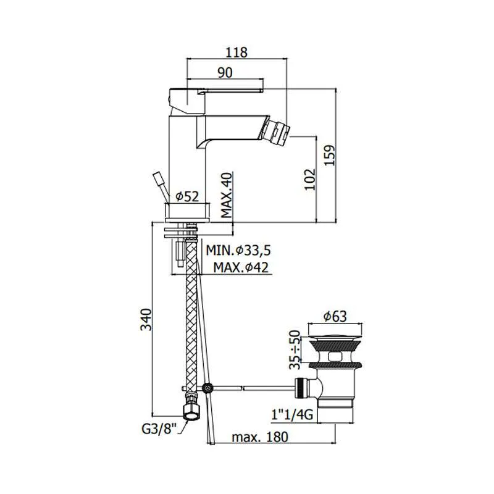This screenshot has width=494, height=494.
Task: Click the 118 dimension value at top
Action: (x=237, y=52)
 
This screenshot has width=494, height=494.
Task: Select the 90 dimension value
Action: (x=225, y=72)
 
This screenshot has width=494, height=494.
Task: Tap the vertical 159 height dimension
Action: (x=329, y=156)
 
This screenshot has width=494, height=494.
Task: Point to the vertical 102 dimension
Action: (x=309, y=180)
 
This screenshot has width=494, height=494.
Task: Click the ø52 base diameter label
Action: (x=188, y=196)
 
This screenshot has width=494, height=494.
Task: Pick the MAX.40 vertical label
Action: (x=227, y=195)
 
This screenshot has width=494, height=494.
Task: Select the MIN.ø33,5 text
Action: (x=238, y=251)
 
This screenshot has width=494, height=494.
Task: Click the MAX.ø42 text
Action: (x=241, y=267)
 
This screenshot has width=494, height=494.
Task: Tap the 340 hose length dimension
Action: (x=146, y=319)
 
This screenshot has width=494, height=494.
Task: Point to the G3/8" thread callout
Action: (x=159, y=429)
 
